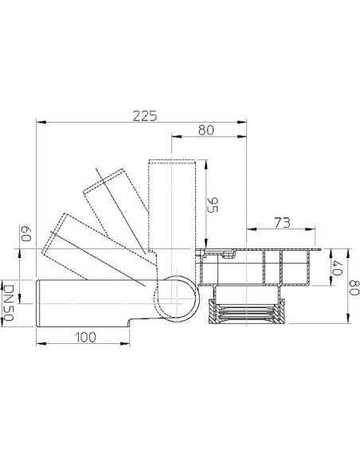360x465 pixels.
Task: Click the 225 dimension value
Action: point(145,116)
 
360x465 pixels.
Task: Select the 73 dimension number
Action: point(282,223)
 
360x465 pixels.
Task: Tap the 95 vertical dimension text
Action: point(213,205)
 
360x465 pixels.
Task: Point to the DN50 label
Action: point(8,303)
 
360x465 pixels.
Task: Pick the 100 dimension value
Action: point(85,337)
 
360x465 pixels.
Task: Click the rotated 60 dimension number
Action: point(25,233)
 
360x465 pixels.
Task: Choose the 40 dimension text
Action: point(338,268)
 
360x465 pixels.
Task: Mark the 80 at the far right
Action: point(354,287)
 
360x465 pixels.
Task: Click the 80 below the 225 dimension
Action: point(205,131)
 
